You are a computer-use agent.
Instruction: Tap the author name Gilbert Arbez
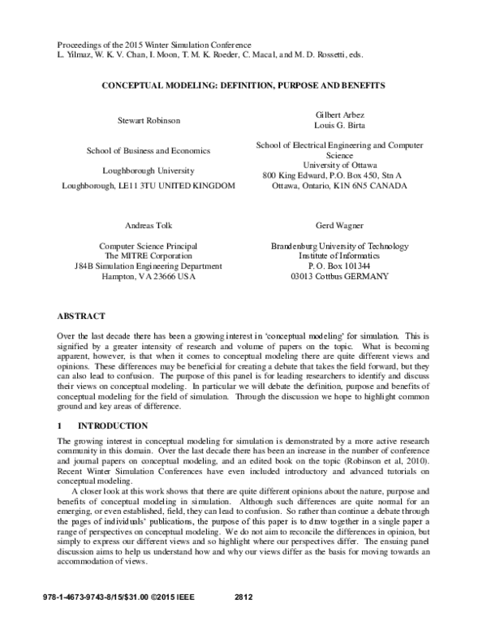click(339, 115)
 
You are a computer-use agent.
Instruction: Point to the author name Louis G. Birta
click(339, 127)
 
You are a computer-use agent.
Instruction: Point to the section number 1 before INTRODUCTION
click(60, 425)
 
